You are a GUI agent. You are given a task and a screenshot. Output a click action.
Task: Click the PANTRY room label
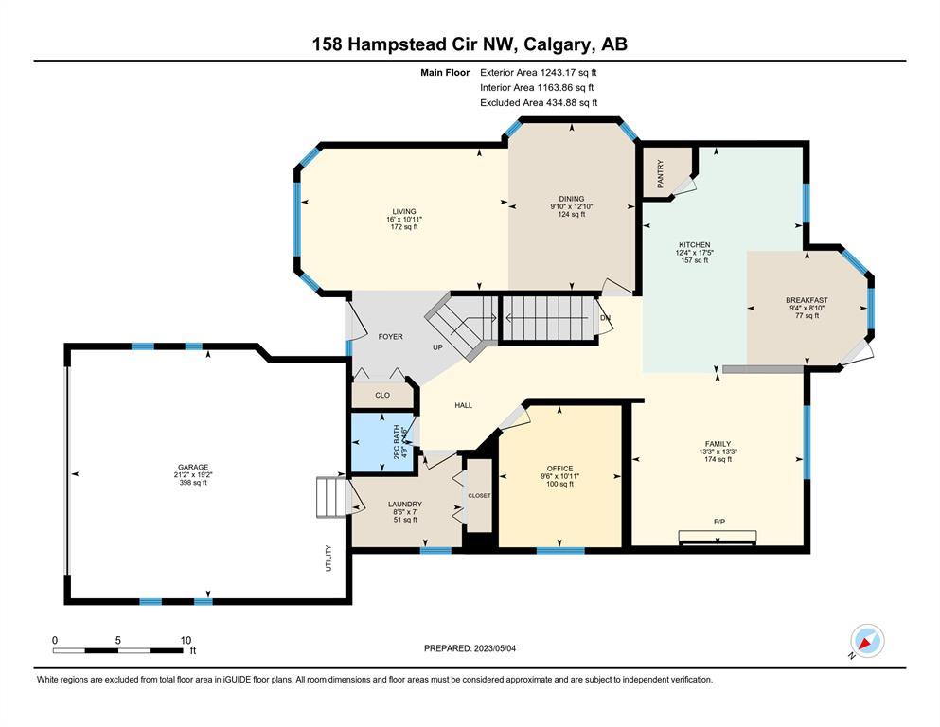tap(660, 174)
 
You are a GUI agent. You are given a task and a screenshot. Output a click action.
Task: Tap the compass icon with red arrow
tap(867, 641)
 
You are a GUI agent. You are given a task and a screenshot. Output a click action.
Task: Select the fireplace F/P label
tap(719, 522)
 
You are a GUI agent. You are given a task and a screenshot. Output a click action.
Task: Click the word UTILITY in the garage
tap(328, 558)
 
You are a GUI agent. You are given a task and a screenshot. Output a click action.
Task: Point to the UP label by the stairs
tap(438, 347)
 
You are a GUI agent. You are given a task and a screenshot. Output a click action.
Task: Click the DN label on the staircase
tap(606, 318)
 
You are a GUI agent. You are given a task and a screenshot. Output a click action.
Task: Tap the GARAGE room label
tap(193, 467)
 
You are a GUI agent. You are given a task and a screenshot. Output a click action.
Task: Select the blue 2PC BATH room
tap(382, 443)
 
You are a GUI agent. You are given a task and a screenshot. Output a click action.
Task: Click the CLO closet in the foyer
tap(382, 395)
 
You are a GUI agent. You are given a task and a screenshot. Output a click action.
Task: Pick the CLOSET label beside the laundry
tap(479, 496)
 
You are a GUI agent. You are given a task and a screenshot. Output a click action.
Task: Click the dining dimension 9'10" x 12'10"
tap(572, 206)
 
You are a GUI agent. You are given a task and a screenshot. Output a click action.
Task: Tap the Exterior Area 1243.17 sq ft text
tap(539, 73)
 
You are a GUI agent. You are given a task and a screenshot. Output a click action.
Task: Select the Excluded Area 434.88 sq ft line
tap(539, 102)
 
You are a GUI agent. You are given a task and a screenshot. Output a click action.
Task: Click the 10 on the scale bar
tap(186, 640)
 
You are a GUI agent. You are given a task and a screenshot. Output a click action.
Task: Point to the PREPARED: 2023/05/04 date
tap(470, 648)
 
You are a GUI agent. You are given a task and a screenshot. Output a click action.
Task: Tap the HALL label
tap(464, 405)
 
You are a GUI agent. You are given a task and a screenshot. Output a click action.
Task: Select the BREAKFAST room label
tap(807, 300)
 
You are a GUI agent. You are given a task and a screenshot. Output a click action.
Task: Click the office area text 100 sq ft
tap(559, 484)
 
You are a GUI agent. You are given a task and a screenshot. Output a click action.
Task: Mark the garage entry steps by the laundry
tap(331, 497)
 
